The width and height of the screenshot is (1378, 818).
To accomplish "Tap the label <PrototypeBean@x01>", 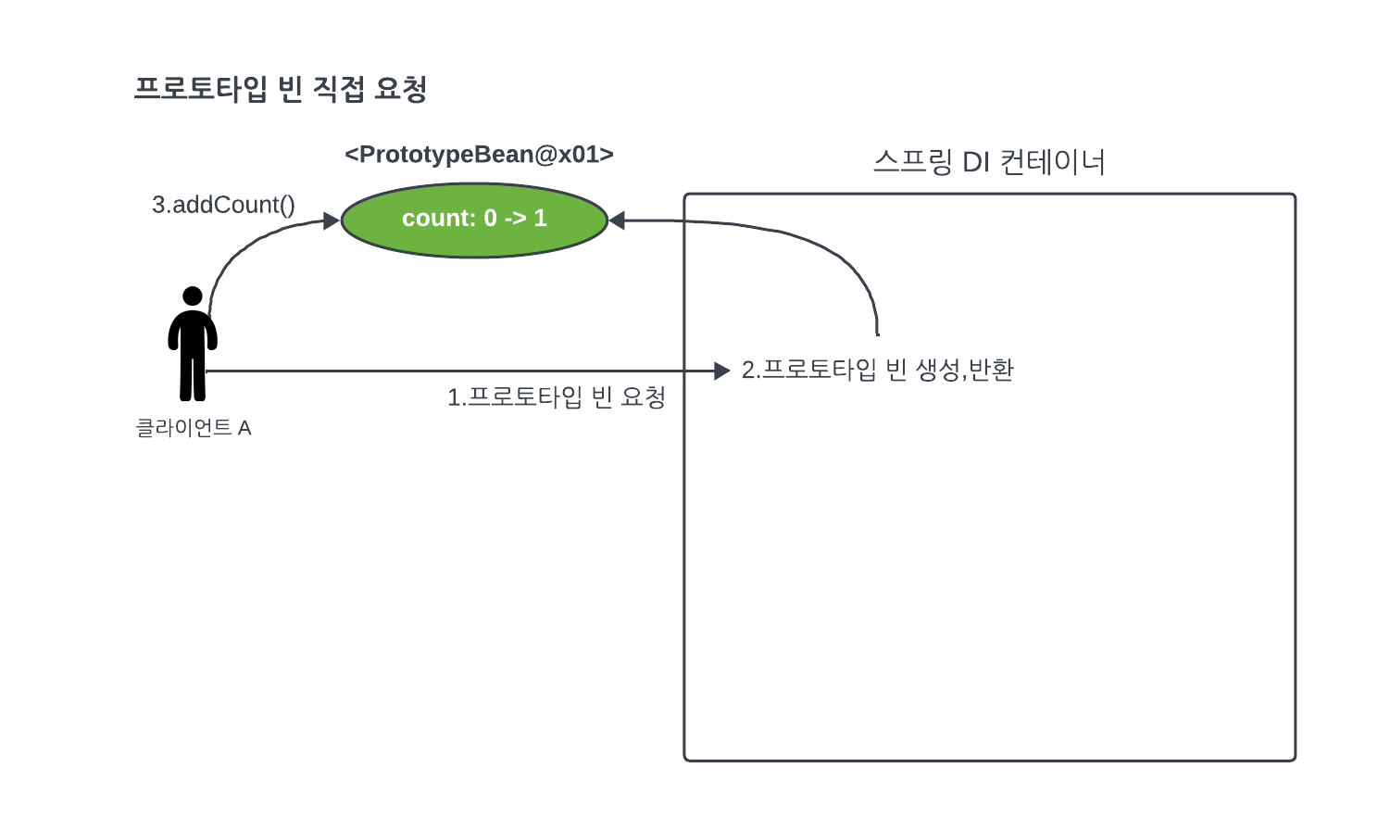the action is (x=479, y=155).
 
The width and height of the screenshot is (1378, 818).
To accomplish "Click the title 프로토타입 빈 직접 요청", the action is (x=280, y=89).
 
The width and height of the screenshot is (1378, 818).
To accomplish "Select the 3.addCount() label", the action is (x=223, y=205).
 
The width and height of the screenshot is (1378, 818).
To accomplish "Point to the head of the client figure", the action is (x=193, y=296).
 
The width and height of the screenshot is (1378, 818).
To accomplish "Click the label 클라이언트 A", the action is (x=194, y=428).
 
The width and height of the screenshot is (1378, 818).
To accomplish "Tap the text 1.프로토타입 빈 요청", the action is (x=557, y=397).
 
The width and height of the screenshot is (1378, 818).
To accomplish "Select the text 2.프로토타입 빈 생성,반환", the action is (x=878, y=370).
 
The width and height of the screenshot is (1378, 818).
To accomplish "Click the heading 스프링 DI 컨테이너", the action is (x=989, y=162).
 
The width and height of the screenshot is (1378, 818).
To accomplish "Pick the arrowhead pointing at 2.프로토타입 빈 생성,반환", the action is (x=722, y=371).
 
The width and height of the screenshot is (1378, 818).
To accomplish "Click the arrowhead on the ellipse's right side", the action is (x=618, y=220).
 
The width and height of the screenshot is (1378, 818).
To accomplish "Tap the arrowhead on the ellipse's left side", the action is (x=332, y=220).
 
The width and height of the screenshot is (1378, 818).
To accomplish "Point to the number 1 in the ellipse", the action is (x=540, y=219).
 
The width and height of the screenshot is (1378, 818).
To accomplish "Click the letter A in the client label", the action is (x=244, y=428).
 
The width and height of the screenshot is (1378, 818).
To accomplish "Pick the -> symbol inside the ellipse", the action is (x=515, y=219).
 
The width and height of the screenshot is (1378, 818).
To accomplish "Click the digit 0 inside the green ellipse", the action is (x=490, y=219).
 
